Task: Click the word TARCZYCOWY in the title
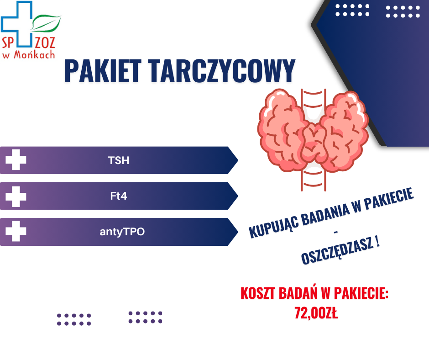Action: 222,71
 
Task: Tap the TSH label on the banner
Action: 119,160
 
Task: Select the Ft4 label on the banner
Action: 119,196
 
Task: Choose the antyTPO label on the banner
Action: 122,232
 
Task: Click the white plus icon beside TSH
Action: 16,160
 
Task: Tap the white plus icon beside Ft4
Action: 16,196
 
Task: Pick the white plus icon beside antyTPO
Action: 16,231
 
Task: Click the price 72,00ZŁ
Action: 316,313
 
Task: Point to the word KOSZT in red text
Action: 258,293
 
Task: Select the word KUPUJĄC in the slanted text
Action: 273,225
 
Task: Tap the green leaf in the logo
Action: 46,23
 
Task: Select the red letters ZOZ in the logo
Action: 45,43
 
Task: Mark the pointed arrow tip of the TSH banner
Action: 238,160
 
